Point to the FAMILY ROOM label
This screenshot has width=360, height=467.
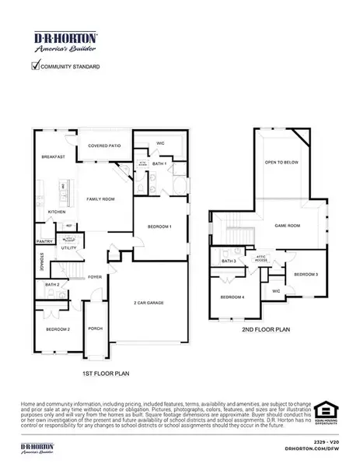coord(100,200)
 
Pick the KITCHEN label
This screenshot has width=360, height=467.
coord(57,212)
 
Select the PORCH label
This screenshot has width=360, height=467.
coord(96,328)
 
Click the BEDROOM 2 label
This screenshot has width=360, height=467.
coord(58,329)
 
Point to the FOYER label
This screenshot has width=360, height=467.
coord(95,276)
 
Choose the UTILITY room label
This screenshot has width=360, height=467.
coord(69,248)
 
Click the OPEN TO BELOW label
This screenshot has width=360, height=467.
coord(280,163)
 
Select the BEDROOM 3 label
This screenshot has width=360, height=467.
coord(306,275)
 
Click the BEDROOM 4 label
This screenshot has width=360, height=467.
coord(232,297)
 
